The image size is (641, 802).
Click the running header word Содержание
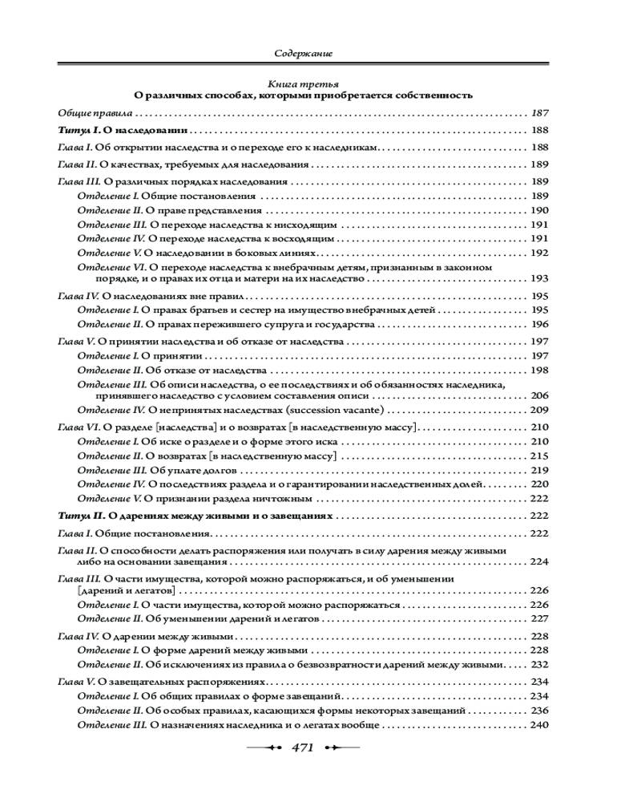(x=303, y=53)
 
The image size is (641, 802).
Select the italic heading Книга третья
(x=303, y=83)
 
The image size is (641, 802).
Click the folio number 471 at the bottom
(x=302, y=747)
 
